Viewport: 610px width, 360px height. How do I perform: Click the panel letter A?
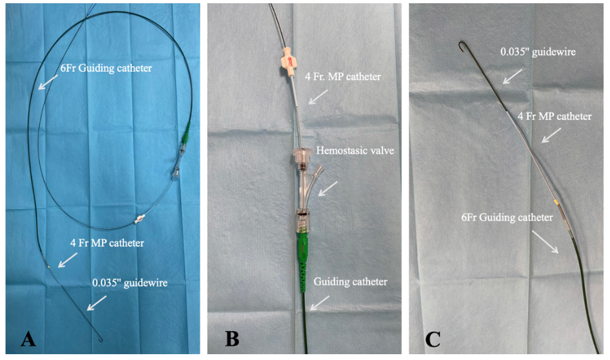click(28, 339)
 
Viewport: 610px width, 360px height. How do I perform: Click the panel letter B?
click(231, 339)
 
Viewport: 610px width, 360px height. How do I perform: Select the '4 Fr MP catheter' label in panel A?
click(107, 243)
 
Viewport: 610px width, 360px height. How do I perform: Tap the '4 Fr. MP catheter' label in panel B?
click(342, 77)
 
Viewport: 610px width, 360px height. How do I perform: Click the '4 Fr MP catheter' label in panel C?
click(555, 117)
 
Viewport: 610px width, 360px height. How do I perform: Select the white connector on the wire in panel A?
click(138, 219)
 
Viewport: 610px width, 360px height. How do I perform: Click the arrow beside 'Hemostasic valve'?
click(328, 187)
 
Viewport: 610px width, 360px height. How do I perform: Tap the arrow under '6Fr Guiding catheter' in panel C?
click(547, 243)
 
